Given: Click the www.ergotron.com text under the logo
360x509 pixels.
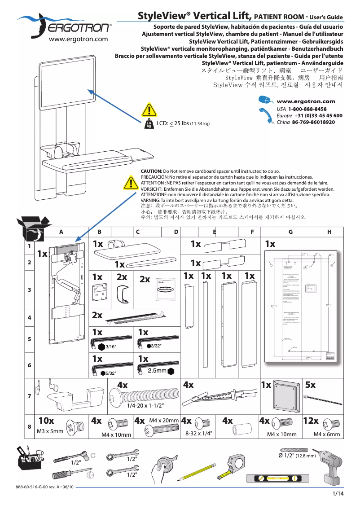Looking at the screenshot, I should pyautogui.click(x=78, y=39).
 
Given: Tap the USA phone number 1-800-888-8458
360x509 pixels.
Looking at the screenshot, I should pyautogui.click(x=307, y=109).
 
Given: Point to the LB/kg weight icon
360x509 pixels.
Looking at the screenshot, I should pyautogui.click(x=149, y=124).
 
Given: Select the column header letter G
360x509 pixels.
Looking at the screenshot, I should pyautogui.click(x=291, y=232).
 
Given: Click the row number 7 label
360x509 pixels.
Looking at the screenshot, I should pyautogui.click(x=29, y=396).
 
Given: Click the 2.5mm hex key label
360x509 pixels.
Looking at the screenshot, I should pyautogui.click(x=157, y=371).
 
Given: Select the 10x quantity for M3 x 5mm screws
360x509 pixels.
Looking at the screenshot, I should pyautogui.click(x=46, y=421).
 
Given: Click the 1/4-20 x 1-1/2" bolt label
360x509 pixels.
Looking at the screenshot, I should pyautogui.click(x=145, y=405).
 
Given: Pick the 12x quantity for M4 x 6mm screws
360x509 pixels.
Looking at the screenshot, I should pyautogui.click(x=311, y=421).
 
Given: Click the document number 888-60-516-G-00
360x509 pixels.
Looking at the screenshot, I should pyautogui.click(x=36, y=487).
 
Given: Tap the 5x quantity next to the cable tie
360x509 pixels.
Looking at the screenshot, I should pyautogui.click(x=311, y=385).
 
